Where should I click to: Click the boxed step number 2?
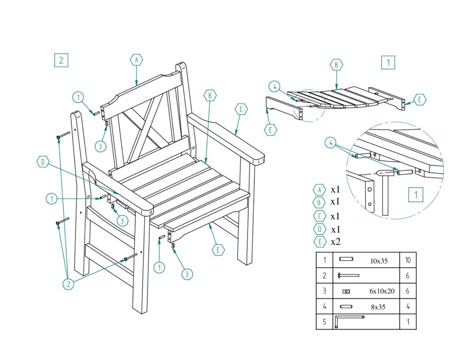[61, 60]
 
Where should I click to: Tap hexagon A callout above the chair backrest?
[137, 60]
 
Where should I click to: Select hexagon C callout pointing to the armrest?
[241, 109]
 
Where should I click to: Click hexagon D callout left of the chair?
[43, 162]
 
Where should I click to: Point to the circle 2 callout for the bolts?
[68, 284]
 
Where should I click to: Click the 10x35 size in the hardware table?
[379, 261]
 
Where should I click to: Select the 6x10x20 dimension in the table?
[382, 291]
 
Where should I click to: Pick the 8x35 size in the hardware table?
[378, 307]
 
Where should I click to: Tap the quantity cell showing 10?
[408, 260]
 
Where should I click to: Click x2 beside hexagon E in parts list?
[335, 242]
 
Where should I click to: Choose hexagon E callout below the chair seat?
[218, 250]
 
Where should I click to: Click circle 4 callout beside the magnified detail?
[330, 143]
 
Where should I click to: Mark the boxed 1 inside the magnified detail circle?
[415, 195]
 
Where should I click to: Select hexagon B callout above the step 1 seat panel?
[336, 65]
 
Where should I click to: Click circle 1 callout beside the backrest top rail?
[78, 97]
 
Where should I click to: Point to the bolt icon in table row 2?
[348, 275]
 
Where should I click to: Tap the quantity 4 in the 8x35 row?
[408, 306]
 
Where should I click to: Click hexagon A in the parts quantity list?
[319, 190]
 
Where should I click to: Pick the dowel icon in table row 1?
[346, 259]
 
